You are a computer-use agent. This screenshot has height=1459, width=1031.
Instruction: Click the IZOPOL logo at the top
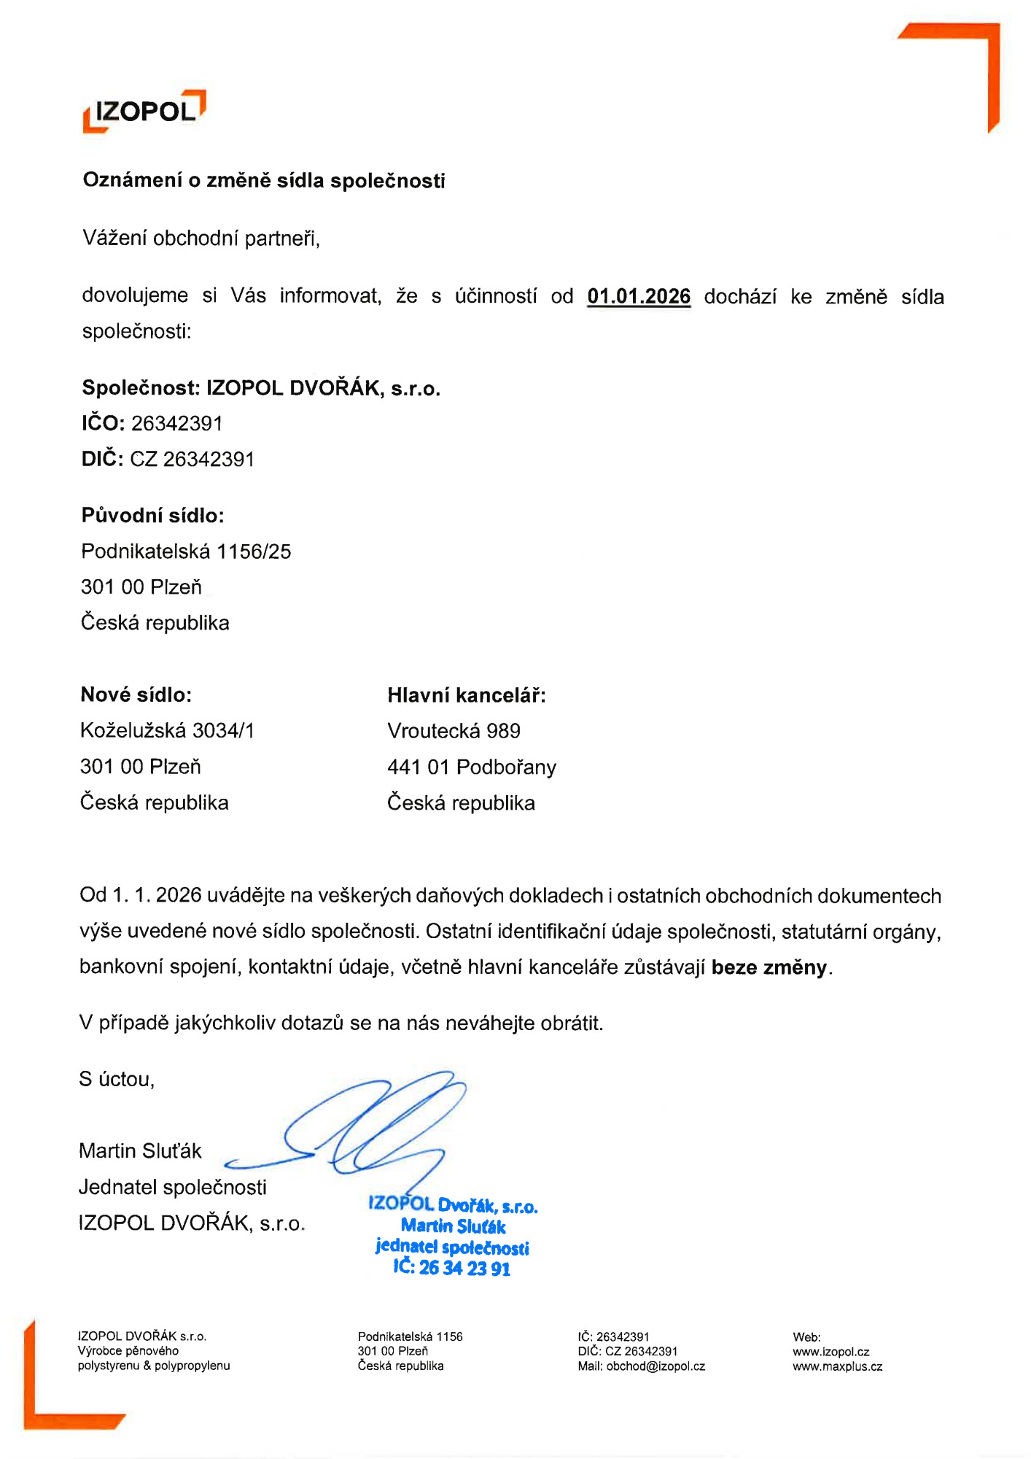click(x=144, y=111)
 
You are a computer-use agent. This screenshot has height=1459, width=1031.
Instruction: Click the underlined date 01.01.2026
click(x=639, y=296)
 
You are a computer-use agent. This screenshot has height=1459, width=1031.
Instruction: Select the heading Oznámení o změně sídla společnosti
click(x=263, y=180)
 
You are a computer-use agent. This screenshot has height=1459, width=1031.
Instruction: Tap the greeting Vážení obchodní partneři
click(x=201, y=239)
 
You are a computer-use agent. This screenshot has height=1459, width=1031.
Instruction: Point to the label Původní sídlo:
click(x=152, y=516)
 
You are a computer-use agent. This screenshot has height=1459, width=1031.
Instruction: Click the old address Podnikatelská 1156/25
click(x=186, y=552)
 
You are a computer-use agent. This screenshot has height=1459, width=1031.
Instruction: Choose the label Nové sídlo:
click(x=136, y=694)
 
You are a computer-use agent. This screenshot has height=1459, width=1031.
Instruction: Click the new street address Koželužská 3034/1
click(x=167, y=730)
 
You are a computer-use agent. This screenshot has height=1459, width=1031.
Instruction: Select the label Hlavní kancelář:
click(x=466, y=695)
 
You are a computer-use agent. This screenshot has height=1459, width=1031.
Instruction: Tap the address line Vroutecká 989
click(x=454, y=731)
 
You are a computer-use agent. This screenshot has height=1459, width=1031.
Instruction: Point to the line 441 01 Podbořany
click(x=471, y=767)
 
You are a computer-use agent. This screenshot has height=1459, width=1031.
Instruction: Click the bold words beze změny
click(x=769, y=967)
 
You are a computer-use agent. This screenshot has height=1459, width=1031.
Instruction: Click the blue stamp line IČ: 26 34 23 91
click(x=452, y=1268)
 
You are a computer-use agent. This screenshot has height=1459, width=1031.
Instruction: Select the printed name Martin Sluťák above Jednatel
click(x=140, y=1151)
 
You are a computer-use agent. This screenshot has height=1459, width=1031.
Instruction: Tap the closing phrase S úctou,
click(x=117, y=1080)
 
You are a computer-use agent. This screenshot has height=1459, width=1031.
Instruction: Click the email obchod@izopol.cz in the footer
click(x=655, y=1366)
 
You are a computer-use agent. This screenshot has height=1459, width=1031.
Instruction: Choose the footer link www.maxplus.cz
click(x=837, y=1366)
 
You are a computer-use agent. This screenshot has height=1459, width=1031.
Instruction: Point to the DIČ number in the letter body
click(x=192, y=460)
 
